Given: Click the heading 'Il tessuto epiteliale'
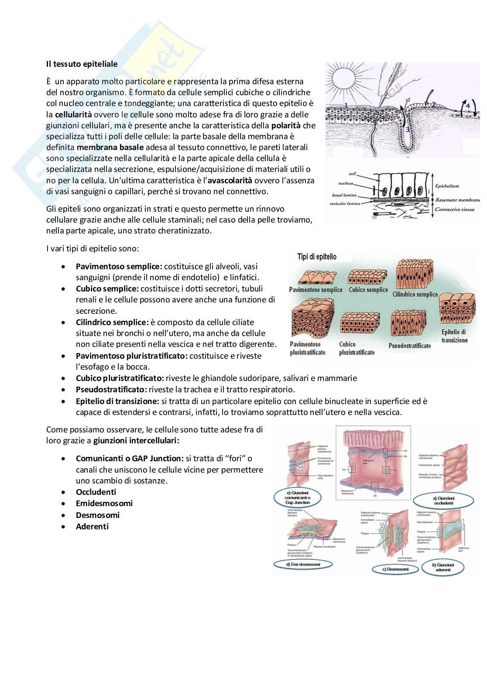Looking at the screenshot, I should coord(82,64).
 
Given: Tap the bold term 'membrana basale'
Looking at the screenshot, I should coord(110,147).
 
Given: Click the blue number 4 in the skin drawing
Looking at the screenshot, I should coord(467,106).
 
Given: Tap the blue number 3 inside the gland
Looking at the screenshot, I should coord(407,130).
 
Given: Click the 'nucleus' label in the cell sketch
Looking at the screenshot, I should coord(346,183).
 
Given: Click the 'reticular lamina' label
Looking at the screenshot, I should coord(344,203).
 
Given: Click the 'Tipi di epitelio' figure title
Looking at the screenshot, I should coord(317,257).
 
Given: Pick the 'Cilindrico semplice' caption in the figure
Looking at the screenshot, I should coord(415,294).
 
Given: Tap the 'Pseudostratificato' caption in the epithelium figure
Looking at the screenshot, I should coord(409,346).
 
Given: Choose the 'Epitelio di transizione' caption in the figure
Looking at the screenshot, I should coord(454,336).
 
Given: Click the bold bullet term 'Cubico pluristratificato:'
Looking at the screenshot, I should coord(120,378).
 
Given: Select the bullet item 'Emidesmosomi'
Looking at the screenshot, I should coord(104,504).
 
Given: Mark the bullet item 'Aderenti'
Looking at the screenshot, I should coord(92,527).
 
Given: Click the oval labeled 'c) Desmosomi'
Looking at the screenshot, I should coord(395,569).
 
